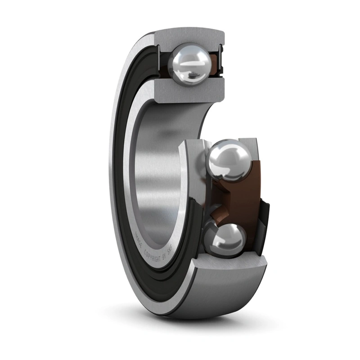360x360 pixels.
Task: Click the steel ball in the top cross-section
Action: pos(189,63)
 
